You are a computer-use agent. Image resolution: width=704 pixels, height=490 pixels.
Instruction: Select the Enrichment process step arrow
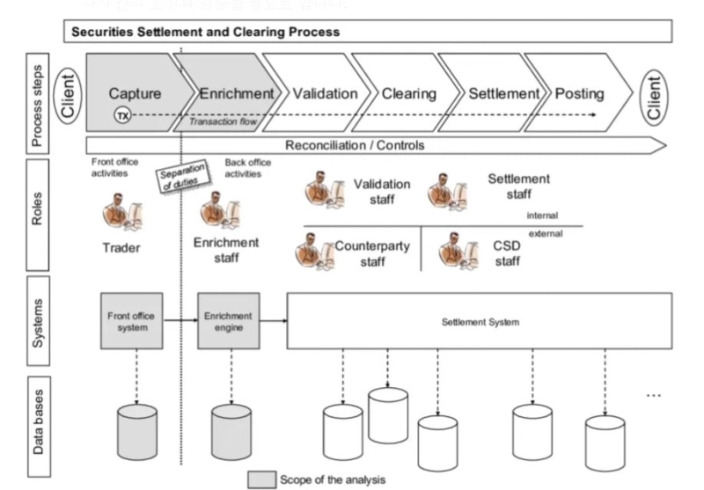pos(236,92)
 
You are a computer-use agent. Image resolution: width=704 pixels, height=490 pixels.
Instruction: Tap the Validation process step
pos(325,92)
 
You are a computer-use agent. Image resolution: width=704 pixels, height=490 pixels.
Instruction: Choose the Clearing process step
pos(408,92)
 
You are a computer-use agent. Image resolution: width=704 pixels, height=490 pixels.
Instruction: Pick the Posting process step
pos(579,92)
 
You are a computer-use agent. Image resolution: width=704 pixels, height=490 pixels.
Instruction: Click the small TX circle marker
pos(123,115)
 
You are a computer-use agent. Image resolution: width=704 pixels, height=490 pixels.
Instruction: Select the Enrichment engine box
pos(229,321)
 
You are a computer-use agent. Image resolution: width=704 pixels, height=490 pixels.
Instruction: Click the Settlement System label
pos(480,322)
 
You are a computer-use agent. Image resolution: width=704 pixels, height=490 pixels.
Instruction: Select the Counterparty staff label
pos(371,253)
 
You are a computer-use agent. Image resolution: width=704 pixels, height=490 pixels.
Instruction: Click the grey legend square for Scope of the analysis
pos(260,479)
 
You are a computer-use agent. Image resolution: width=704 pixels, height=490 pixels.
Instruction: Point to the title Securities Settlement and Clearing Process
pos(205,33)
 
